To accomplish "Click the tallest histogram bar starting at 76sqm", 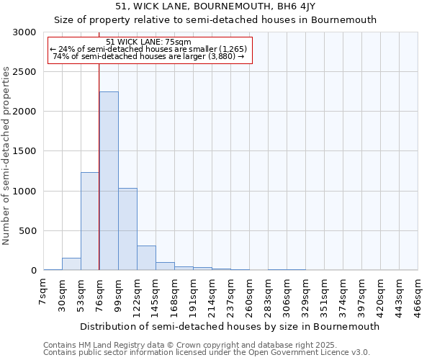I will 109,181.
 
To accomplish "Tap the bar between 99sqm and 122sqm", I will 127,229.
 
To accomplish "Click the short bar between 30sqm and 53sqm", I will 71,264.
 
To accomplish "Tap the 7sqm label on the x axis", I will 43,296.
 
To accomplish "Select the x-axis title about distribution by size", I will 229,326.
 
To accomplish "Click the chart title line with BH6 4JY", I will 215,6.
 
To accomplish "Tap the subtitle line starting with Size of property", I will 215,20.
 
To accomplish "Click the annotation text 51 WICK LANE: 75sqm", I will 148,42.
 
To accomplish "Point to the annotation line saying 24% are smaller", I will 148,49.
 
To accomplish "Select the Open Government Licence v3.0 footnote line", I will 206,352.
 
